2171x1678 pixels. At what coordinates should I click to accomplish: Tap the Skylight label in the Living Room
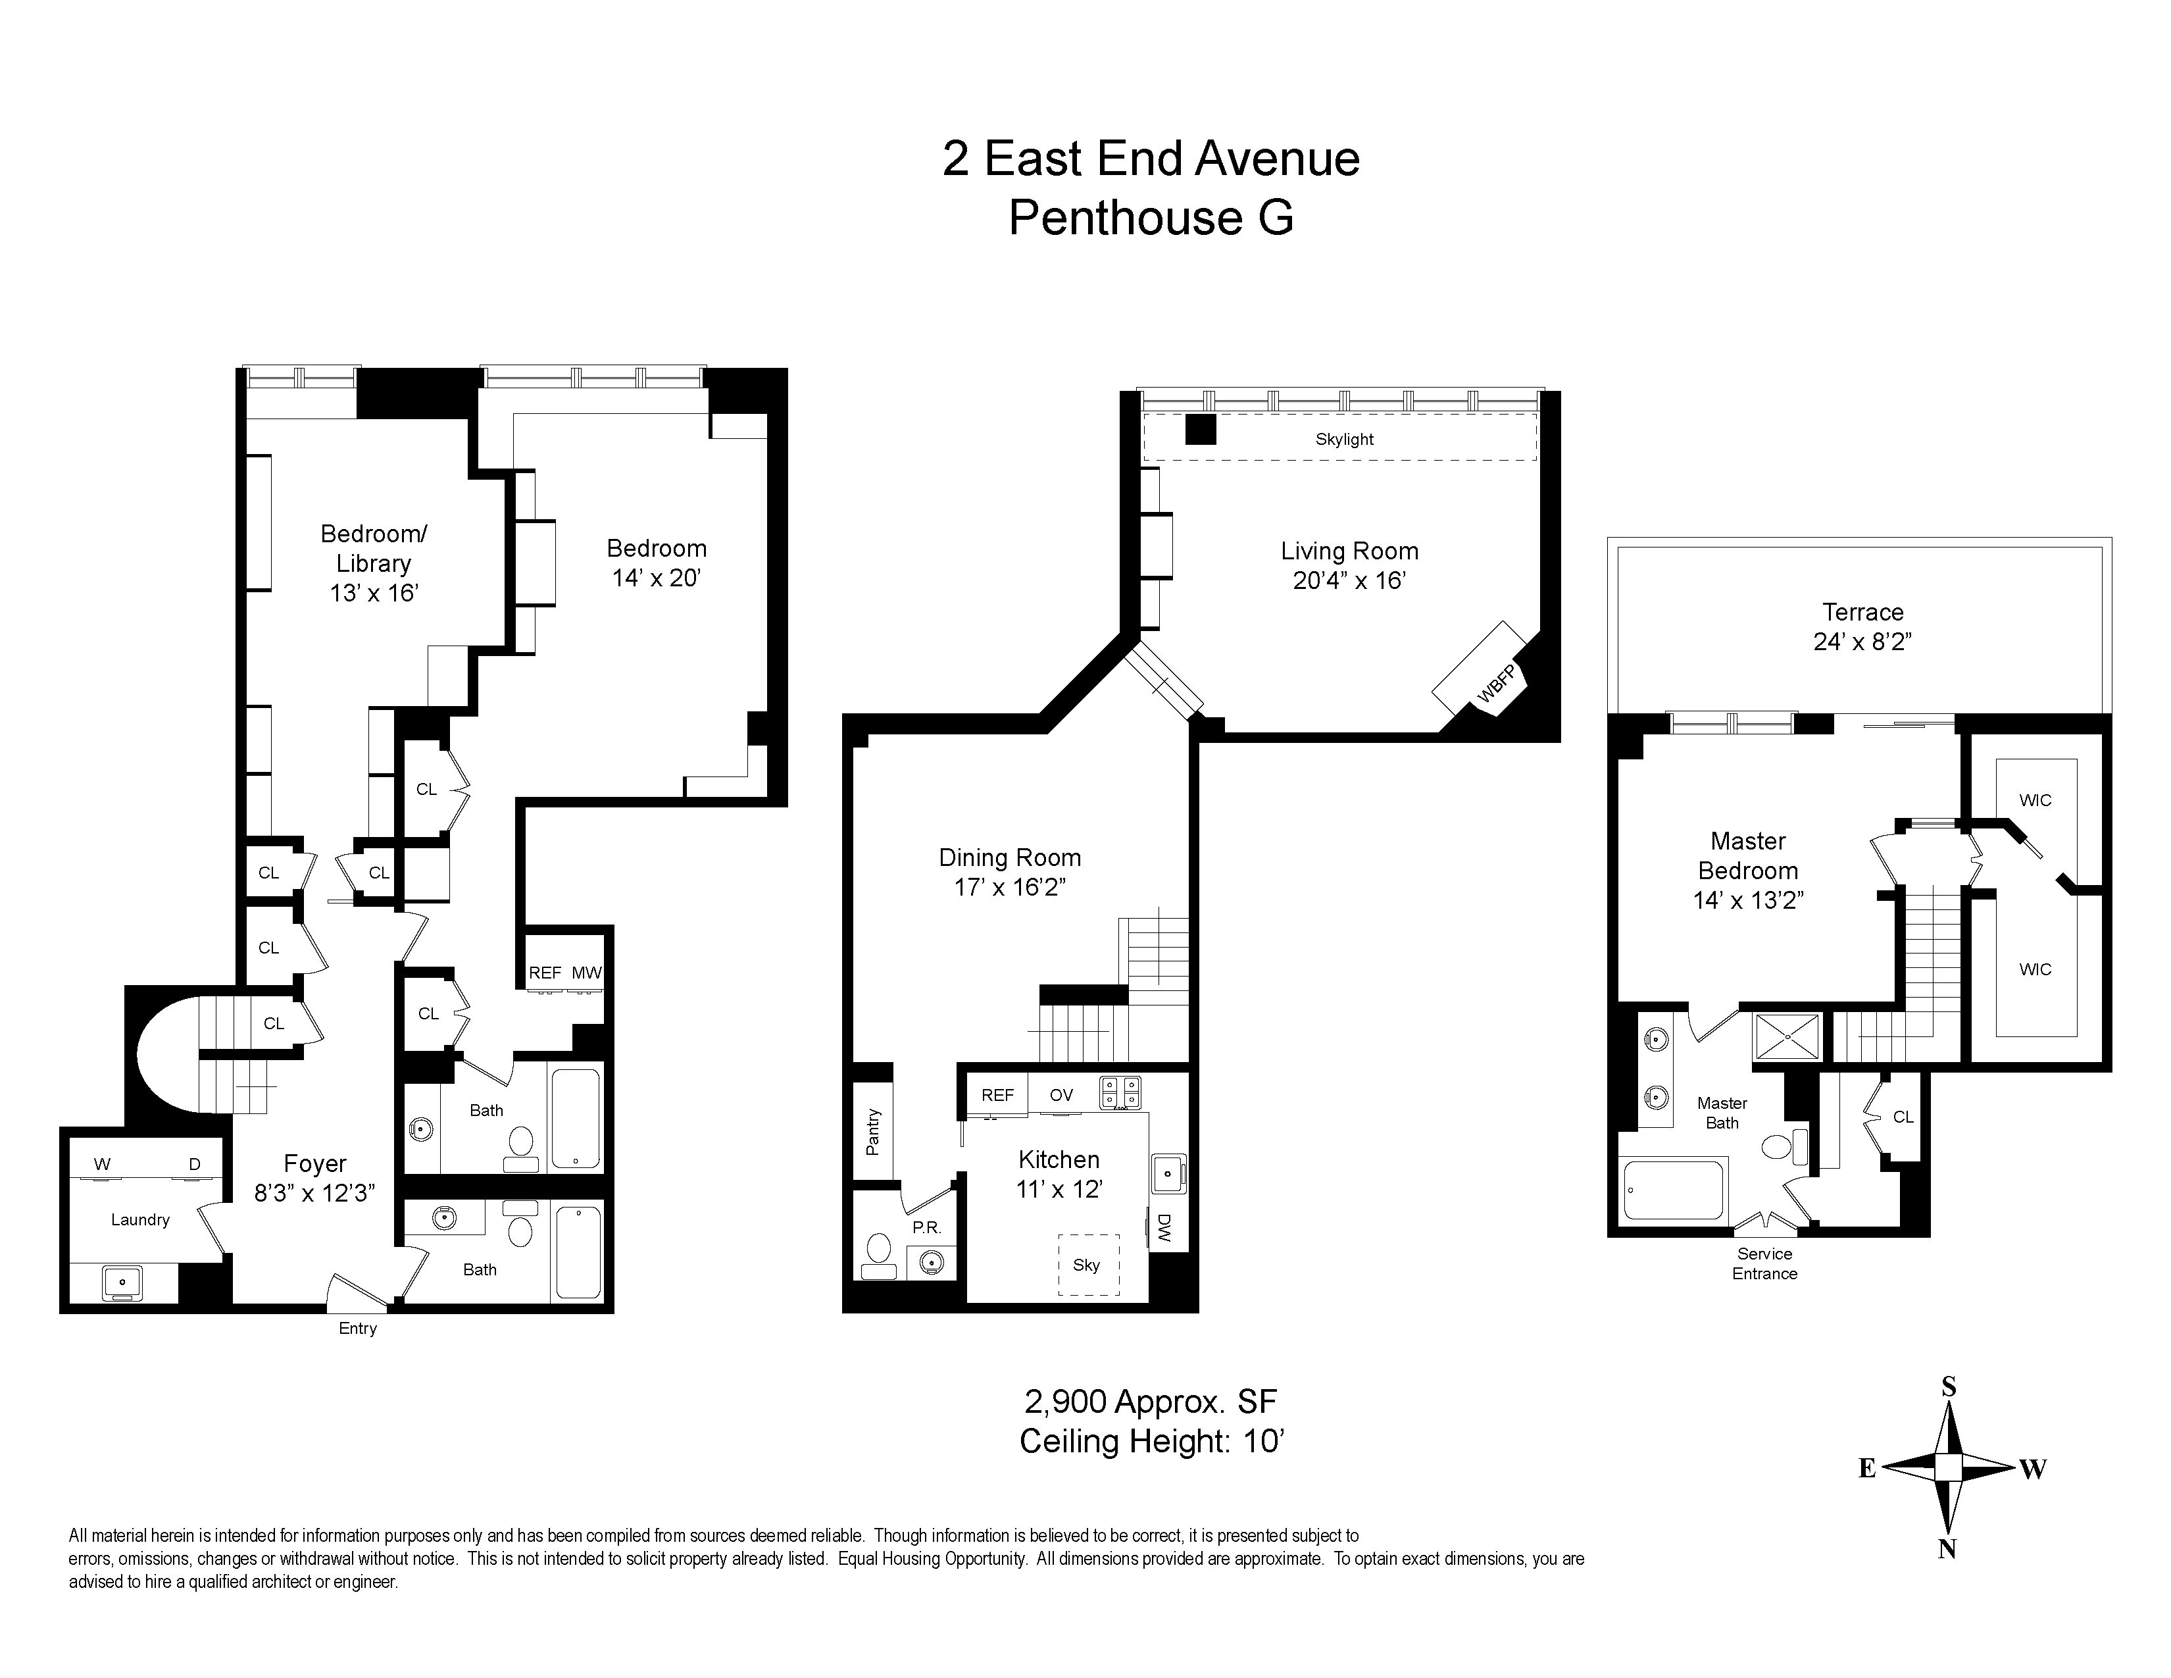tap(1344, 440)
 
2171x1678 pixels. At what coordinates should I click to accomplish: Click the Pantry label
tap(874, 1132)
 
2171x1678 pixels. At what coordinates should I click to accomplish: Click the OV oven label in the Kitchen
tap(1062, 1094)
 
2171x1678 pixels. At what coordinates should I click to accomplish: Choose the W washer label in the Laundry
tap(103, 1164)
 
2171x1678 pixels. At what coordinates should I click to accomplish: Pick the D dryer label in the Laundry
tap(195, 1164)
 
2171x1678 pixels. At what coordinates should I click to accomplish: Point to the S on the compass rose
tap(1949, 1386)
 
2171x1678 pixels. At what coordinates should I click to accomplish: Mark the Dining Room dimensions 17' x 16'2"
tap(1010, 887)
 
